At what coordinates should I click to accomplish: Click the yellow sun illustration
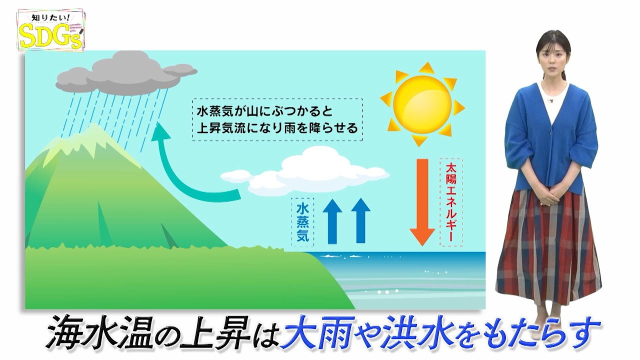[x=422, y=104]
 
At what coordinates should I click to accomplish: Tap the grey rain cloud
[x=125, y=73]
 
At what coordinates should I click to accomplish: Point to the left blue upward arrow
[x=332, y=221]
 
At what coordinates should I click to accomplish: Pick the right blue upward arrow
[x=360, y=220]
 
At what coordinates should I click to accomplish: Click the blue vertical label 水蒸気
[x=302, y=222]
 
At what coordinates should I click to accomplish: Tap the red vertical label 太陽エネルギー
[x=451, y=202]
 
